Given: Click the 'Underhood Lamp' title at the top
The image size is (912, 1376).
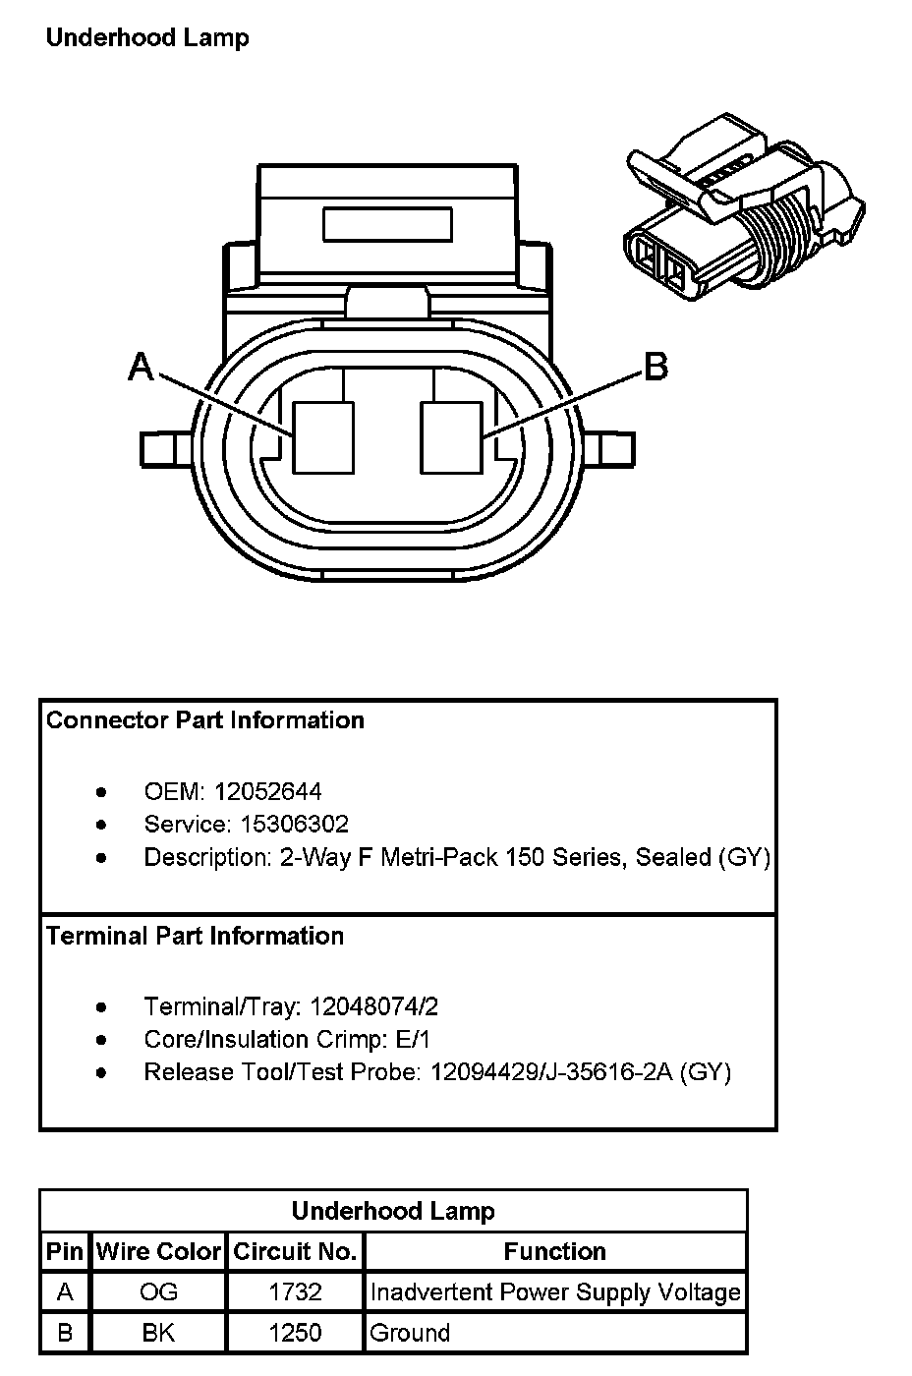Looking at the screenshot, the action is tap(147, 38).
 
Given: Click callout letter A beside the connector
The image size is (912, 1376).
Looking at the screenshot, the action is tap(142, 367).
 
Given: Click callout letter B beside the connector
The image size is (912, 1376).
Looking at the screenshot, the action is tap(655, 367).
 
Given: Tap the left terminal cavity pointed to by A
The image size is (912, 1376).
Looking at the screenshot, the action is tap(323, 437).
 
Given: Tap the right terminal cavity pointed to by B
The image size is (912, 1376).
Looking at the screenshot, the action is tap(451, 437).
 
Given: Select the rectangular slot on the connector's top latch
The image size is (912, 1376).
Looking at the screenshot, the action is tap(387, 224).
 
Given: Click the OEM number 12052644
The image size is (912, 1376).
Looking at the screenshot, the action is tap(268, 792).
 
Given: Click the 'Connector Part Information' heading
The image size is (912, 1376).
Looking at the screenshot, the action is tap(205, 720).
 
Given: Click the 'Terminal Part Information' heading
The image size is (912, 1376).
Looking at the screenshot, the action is tap(196, 936).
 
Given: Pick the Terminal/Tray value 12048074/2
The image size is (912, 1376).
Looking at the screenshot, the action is tap(373, 1006).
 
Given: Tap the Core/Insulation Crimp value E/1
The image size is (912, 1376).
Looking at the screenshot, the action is tap(411, 1039).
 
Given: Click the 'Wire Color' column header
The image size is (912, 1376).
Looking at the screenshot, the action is tap(158, 1251).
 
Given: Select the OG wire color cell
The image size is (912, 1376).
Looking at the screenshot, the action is tap(158, 1291).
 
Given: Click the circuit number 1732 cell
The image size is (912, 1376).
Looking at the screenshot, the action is tap(295, 1291).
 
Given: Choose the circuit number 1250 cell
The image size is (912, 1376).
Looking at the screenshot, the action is tap(295, 1333).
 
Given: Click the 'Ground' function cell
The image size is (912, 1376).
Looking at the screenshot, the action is tap(410, 1333).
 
